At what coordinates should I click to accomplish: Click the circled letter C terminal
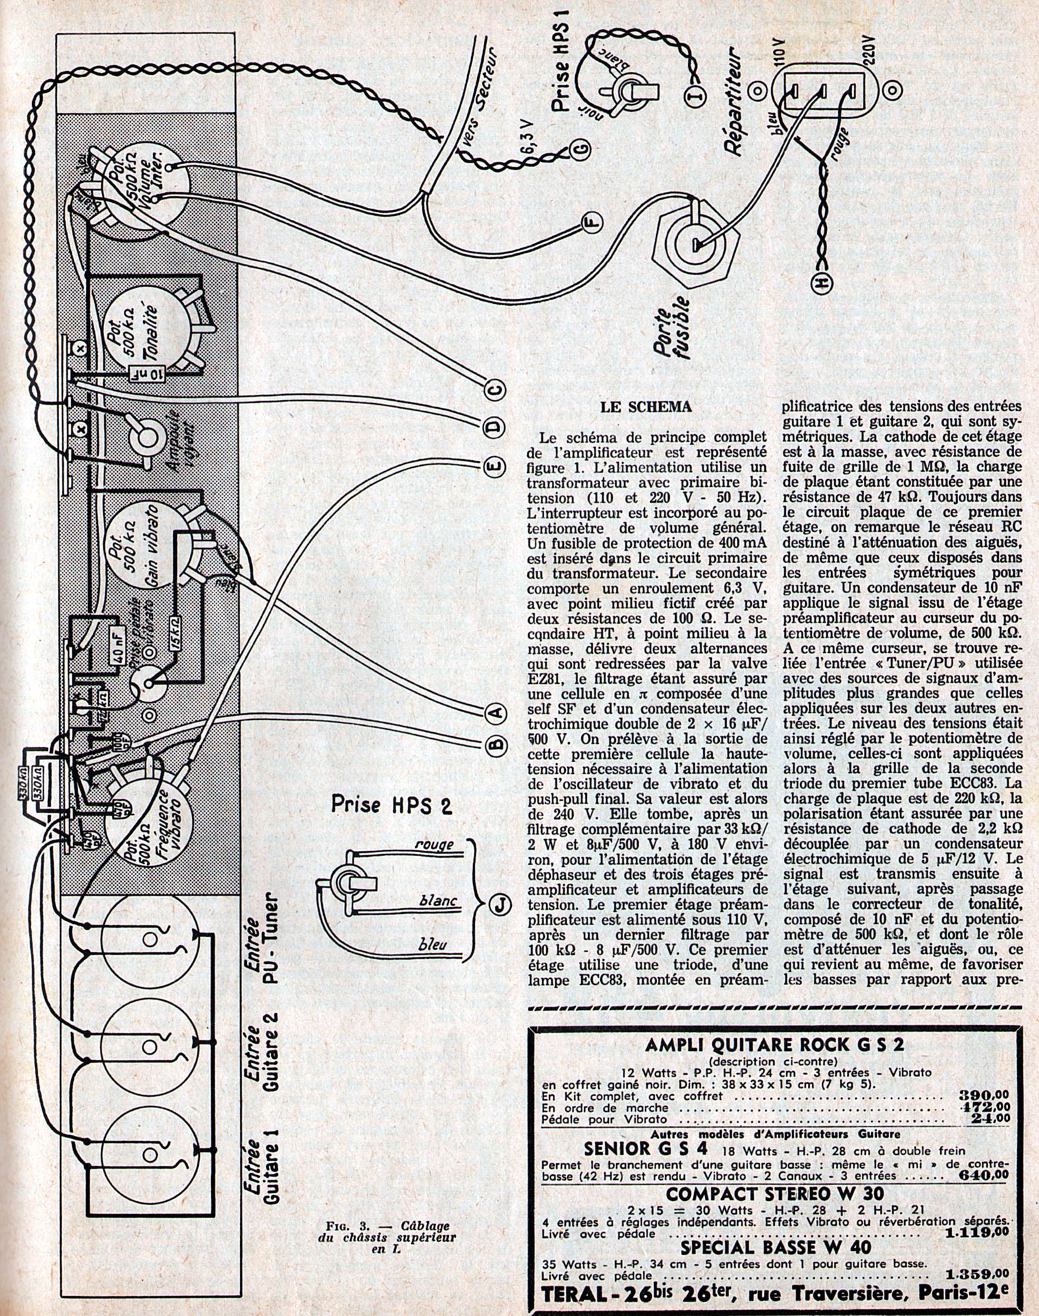(x=495, y=390)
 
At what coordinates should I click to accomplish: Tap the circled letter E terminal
(x=495, y=467)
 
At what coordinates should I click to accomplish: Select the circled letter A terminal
(x=495, y=711)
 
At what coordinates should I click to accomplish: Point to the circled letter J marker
(x=502, y=906)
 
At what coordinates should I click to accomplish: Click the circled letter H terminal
(x=821, y=282)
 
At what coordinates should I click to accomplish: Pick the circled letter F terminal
(x=592, y=225)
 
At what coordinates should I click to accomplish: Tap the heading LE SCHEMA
(x=647, y=407)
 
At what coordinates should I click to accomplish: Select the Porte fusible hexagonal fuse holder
(x=691, y=243)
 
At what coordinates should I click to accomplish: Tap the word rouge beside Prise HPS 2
(x=434, y=844)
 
